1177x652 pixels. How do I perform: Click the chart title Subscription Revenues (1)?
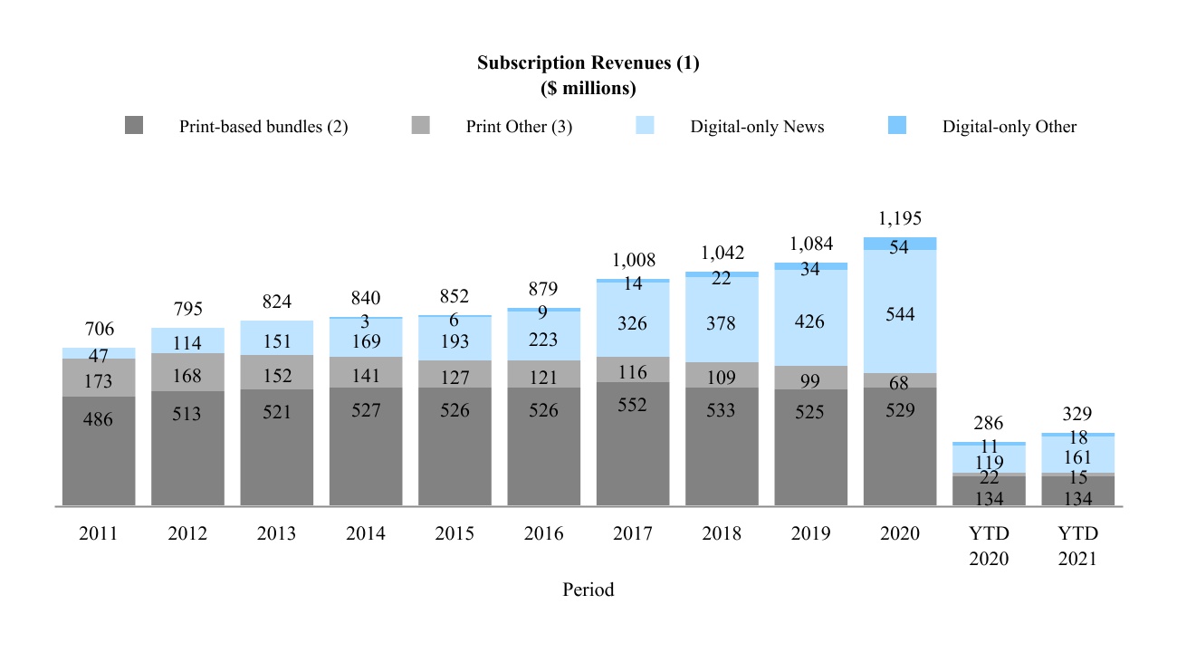click(x=588, y=63)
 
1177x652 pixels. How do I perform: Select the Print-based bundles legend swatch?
click(x=134, y=126)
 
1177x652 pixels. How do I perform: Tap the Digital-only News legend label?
click(x=757, y=127)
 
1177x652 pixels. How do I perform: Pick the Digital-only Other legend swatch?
click(x=897, y=126)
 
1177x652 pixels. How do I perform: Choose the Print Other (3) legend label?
click(x=519, y=127)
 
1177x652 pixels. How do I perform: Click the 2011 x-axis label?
click(x=99, y=534)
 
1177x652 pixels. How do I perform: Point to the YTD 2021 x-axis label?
click(x=1077, y=546)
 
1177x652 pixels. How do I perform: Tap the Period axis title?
click(x=588, y=590)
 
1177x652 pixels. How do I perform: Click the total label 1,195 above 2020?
click(x=900, y=218)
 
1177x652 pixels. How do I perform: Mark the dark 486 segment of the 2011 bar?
click(x=99, y=450)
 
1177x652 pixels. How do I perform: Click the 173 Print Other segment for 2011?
click(x=99, y=378)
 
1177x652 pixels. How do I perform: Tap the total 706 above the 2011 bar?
click(x=99, y=329)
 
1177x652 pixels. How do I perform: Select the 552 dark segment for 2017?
click(x=633, y=444)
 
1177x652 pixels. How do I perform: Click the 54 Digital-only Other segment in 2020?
click(x=900, y=244)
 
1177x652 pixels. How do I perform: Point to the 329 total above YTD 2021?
click(x=1077, y=415)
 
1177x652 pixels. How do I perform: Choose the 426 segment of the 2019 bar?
click(x=810, y=318)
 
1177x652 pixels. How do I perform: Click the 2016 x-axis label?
click(x=543, y=534)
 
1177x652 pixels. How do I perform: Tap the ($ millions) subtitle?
click(x=588, y=89)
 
